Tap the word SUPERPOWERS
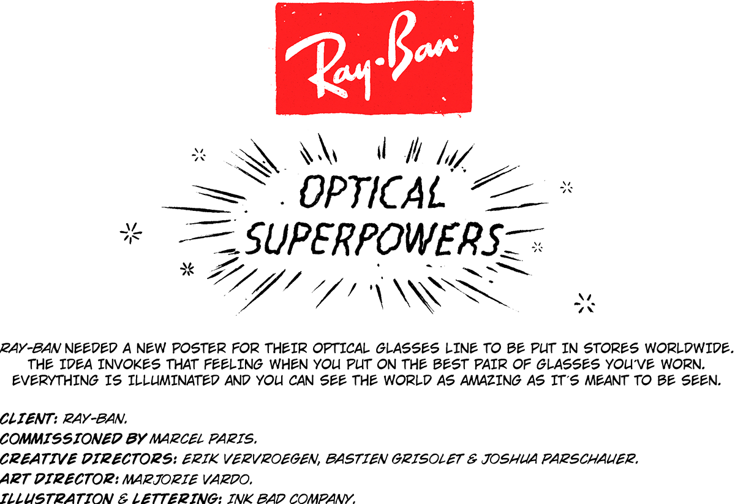[x=375, y=239]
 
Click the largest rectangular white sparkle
[x=583, y=304]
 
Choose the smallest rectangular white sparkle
[x=537, y=248]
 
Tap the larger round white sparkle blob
[x=130, y=232]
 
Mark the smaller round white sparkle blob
[x=186, y=269]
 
